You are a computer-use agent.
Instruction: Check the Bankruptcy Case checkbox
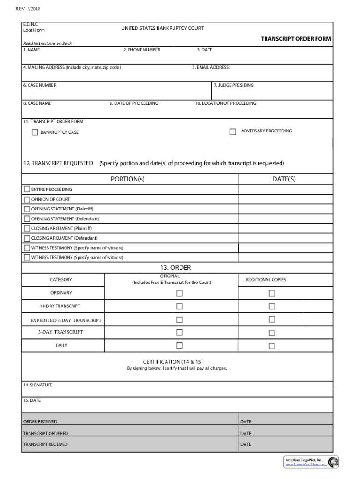click(x=35, y=132)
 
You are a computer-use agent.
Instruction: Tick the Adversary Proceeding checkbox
click(x=232, y=132)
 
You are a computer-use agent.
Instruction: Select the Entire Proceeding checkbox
click(x=27, y=189)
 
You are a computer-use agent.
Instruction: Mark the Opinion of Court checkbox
click(x=27, y=199)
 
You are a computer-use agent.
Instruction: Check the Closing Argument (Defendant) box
click(x=27, y=239)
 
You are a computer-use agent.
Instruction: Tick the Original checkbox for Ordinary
click(x=179, y=293)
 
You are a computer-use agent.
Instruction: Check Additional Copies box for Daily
click(x=272, y=346)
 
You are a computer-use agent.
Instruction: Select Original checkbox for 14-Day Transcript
click(x=179, y=306)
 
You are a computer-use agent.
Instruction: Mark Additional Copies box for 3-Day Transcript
click(x=272, y=333)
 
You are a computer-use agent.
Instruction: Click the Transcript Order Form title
click(x=295, y=39)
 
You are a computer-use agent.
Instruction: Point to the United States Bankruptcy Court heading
click(x=162, y=29)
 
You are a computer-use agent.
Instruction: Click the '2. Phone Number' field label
click(x=142, y=50)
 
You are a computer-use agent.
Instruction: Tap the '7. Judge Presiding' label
click(x=234, y=85)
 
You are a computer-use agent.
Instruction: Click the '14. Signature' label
click(x=38, y=385)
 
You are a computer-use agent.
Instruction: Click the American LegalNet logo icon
click(x=333, y=462)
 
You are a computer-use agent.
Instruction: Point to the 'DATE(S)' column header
click(x=284, y=179)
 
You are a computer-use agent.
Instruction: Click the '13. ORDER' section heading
click(x=175, y=268)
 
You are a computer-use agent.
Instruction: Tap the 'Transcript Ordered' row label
click(x=45, y=434)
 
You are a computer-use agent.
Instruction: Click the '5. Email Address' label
click(x=211, y=67)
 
